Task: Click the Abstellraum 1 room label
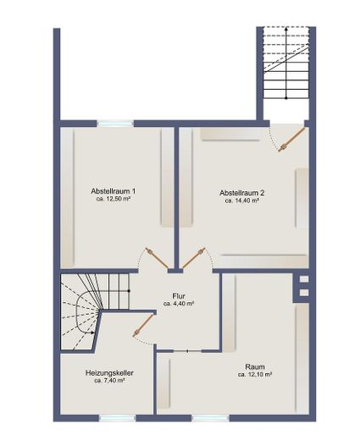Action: [113, 191]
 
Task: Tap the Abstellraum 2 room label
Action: [242, 193]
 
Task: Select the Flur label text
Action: [179, 296]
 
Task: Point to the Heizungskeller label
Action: [109, 373]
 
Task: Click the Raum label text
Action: [255, 367]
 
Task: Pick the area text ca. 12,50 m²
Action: [113, 199]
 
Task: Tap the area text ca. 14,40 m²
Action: [242, 201]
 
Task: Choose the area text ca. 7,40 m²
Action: [109, 381]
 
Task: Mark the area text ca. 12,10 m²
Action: [255, 375]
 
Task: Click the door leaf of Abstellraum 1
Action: [157, 258]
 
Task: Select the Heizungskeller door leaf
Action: [143, 326]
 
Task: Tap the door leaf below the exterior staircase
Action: [291, 140]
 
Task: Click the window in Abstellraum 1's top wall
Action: [115, 124]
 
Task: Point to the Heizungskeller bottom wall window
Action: [117, 418]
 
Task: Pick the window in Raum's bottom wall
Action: [211, 418]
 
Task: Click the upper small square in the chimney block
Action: [304, 279]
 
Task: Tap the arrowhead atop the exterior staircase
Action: [286, 29]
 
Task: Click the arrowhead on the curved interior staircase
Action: [93, 333]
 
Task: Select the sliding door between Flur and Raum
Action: [187, 351]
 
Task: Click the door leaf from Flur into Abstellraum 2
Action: [194, 258]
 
